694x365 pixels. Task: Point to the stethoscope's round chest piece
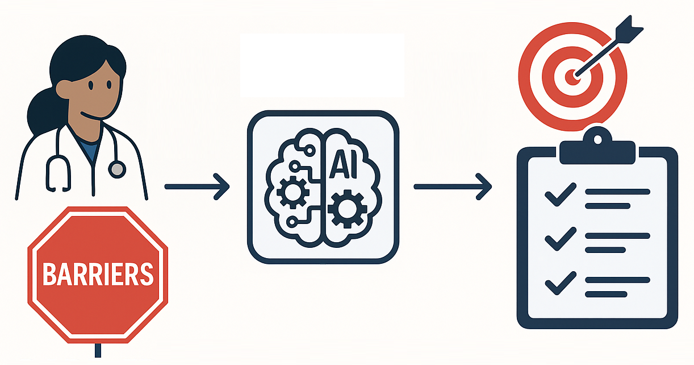pyautogui.click(x=117, y=168)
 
